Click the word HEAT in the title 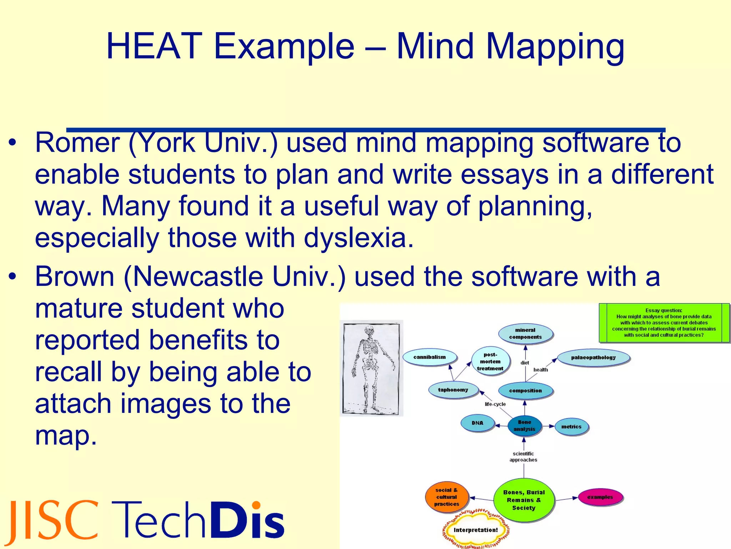(154, 46)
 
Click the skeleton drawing (371, 368)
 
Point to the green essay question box (664, 323)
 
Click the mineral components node (525, 333)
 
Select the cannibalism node (430, 357)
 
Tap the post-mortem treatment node (490, 361)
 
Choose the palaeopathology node (593, 357)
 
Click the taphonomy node (453, 390)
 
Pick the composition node (525, 391)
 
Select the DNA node (477, 423)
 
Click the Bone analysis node (524, 426)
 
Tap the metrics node (571, 427)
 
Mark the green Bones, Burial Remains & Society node (524, 500)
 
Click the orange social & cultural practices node (447, 497)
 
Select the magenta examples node (600, 497)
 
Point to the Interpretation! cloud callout (475, 530)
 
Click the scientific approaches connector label (523, 457)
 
